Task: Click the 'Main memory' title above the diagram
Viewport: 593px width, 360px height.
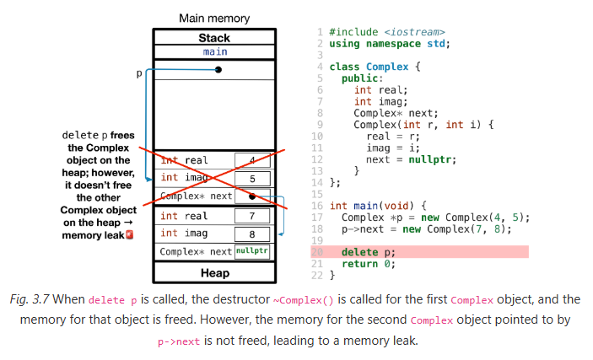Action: [214, 18]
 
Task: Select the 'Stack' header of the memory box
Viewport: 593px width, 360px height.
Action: [214, 38]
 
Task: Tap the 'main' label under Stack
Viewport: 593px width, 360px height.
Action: [214, 51]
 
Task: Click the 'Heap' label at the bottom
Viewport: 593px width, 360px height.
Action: [214, 273]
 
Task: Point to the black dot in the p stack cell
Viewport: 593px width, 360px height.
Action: [218, 70]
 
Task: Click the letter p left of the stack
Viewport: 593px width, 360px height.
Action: [139, 74]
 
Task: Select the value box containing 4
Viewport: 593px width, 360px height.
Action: [251, 161]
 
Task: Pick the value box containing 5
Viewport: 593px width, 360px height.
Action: [251, 179]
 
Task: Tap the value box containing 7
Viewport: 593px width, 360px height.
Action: [251, 217]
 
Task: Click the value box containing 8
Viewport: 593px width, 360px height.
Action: [251, 234]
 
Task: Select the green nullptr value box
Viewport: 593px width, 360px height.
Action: [252, 251]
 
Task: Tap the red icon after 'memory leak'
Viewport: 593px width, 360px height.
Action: [129, 235]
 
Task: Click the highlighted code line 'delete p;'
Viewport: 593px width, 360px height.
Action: [368, 252]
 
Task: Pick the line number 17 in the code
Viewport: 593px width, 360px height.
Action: [317, 218]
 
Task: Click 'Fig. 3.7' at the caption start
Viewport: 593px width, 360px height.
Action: [35, 300]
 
